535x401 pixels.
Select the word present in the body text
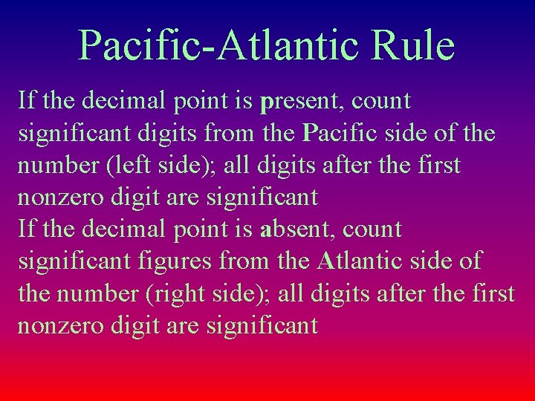click(301, 101)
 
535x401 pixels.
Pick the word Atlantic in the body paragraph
click(360, 262)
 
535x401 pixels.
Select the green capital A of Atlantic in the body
click(326, 262)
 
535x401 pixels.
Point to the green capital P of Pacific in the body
click(310, 133)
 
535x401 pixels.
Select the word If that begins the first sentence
click(25, 100)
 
